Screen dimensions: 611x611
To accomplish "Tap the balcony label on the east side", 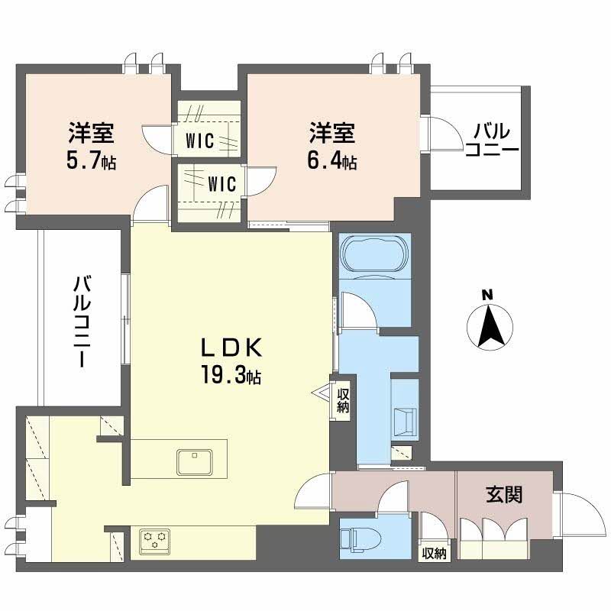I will pyautogui.click(x=492, y=138).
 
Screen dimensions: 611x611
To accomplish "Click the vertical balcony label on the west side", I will pyautogui.click(x=82, y=321).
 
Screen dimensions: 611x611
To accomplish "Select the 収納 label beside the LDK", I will pyautogui.click(x=344, y=401).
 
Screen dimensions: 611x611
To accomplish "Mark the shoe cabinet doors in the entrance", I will pyautogui.click(x=493, y=531).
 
